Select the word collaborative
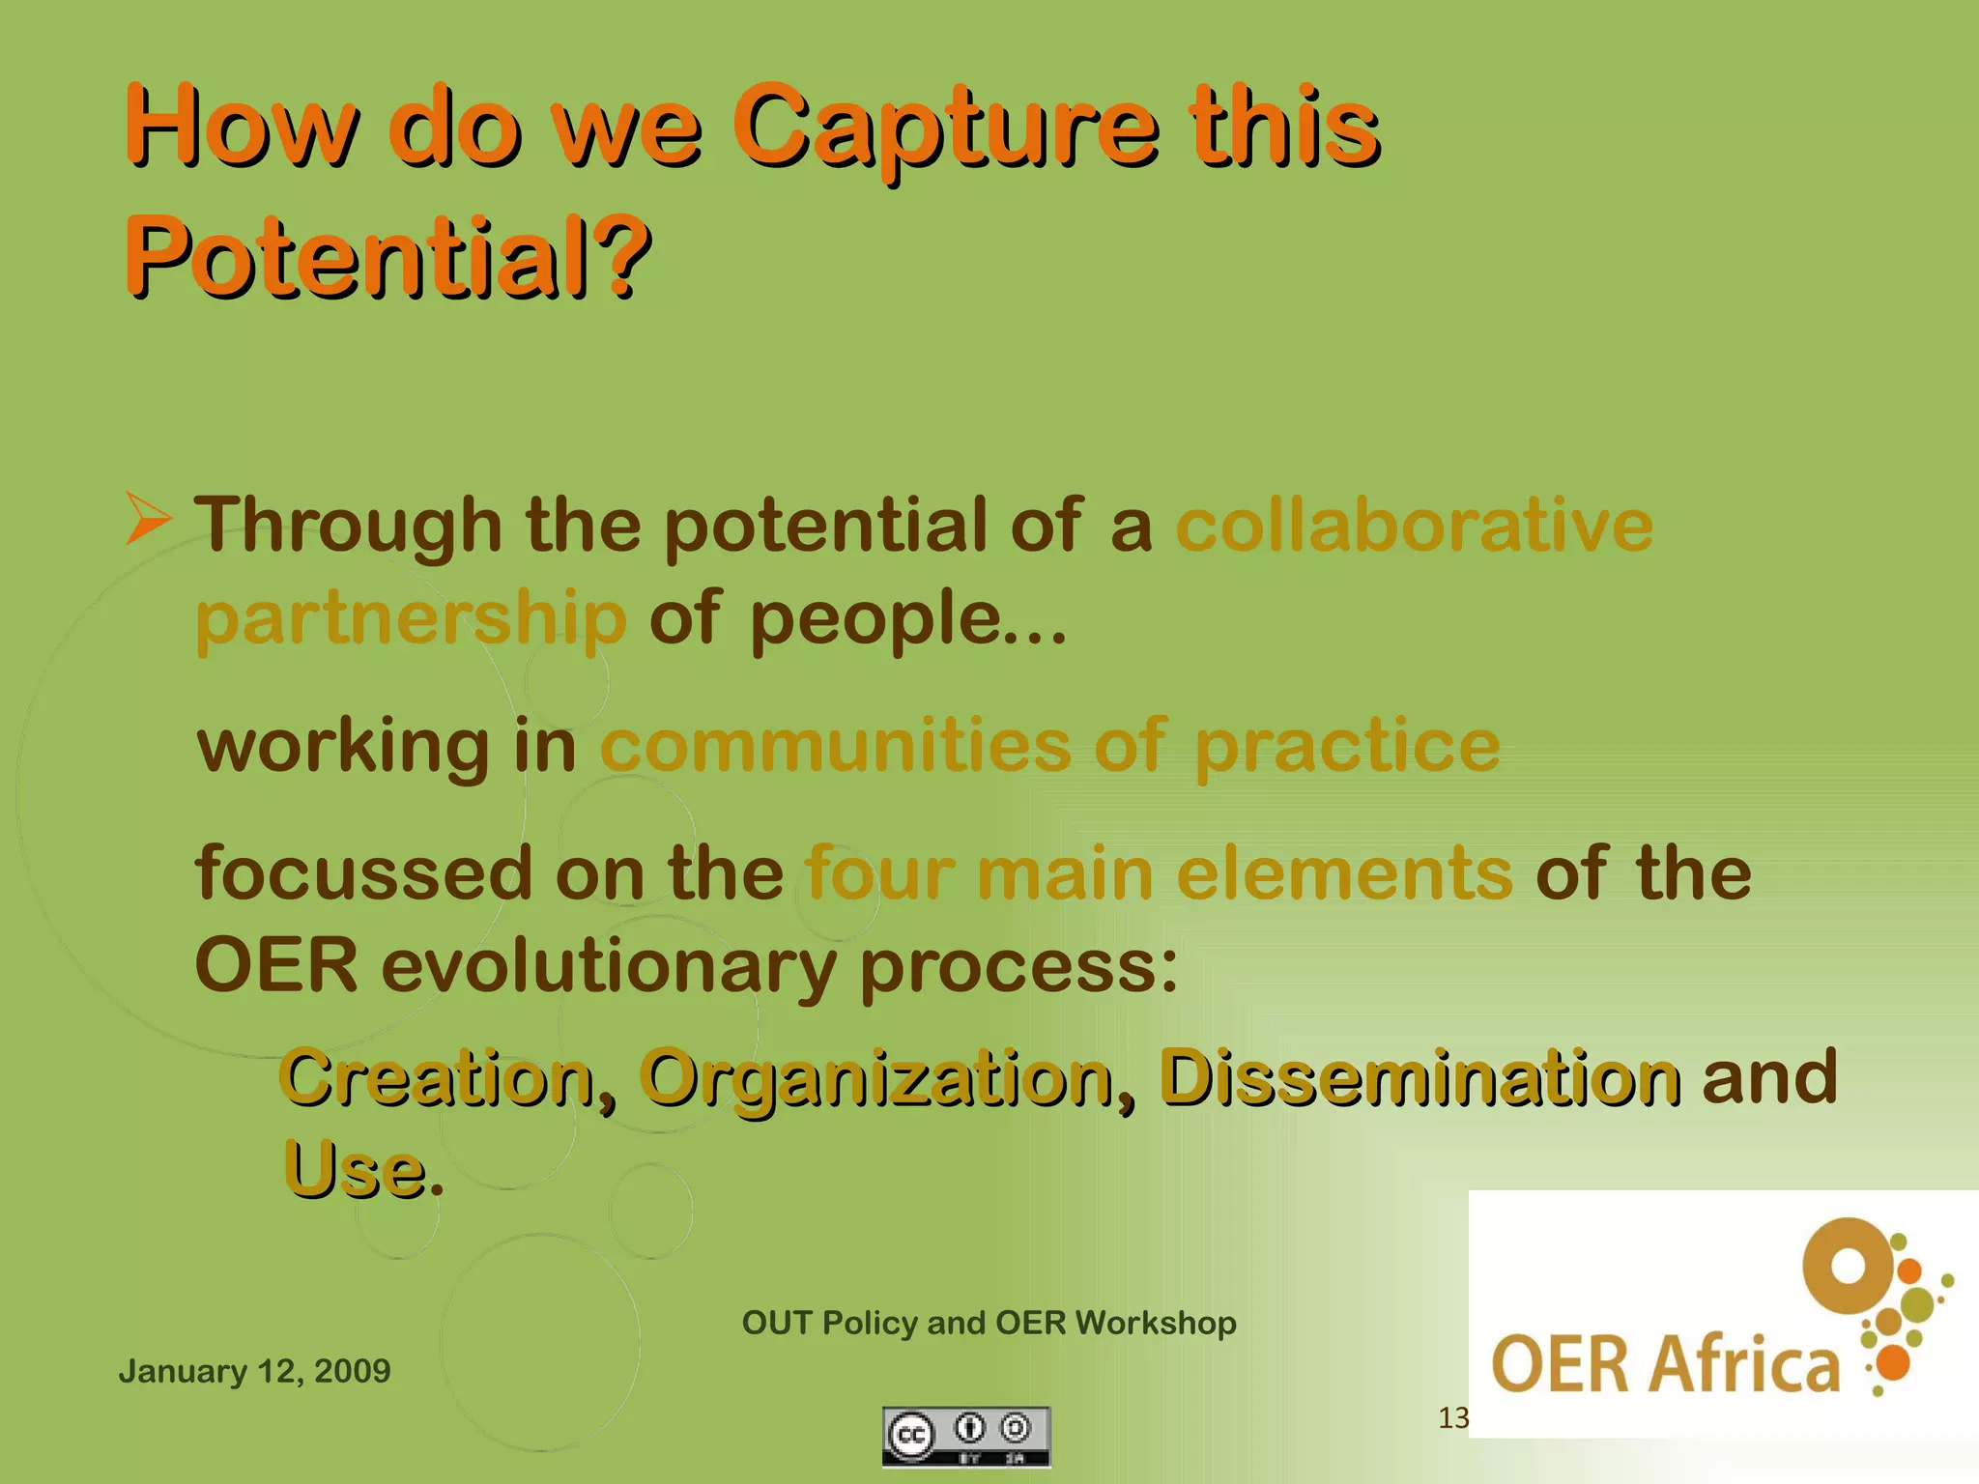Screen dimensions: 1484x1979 [x=1414, y=526]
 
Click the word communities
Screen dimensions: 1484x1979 [x=835, y=746]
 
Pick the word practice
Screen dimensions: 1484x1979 [x=1347, y=748]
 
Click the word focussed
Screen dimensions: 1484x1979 [x=363, y=872]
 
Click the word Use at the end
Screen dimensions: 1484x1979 [x=354, y=1170]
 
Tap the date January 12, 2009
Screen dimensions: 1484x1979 [x=254, y=1371]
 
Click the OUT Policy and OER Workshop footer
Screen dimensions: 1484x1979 [x=989, y=1323]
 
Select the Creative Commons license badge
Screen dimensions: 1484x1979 [x=965, y=1436]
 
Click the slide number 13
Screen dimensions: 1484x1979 [x=1452, y=1418]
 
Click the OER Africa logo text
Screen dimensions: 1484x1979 [x=1665, y=1364]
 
